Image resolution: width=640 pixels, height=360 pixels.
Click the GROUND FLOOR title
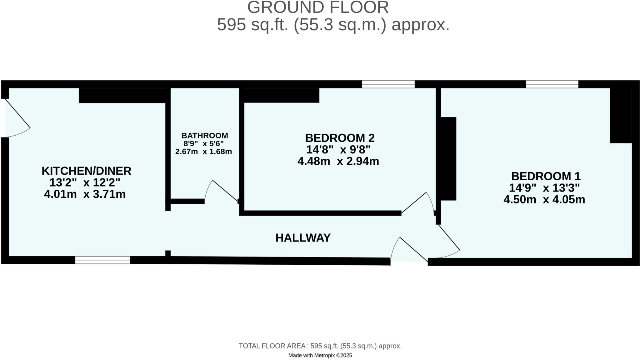[318, 7]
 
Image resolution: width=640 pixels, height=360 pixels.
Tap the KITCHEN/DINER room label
[86, 171]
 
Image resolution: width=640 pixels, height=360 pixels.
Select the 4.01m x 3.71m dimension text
[85, 194]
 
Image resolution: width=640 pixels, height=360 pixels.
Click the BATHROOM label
[205, 136]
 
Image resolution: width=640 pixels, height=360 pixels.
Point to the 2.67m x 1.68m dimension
[203, 152]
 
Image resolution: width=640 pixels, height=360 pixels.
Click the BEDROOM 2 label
[340, 138]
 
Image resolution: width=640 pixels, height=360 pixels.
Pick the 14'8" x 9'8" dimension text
[338, 150]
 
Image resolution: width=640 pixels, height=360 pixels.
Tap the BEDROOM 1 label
[546, 176]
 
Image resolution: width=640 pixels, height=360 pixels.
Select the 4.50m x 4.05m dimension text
[544, 199]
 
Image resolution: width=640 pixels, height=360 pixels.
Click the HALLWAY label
[303, 238]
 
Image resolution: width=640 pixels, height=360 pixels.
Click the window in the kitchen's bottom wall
[102, 260]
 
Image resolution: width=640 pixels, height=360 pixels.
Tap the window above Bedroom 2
[388, 84]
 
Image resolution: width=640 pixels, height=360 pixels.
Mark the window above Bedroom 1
[552, 84]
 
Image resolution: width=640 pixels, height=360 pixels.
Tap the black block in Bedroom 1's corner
[621, 116]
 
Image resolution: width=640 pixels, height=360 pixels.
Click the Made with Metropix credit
[320, 355]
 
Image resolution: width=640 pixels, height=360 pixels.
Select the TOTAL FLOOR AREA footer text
[320, 346]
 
